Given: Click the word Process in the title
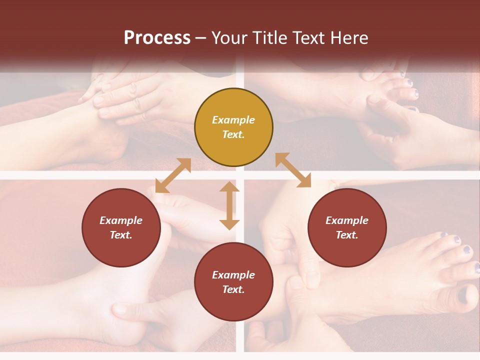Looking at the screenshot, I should coord(157,38).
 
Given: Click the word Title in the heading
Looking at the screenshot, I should coord(267,38).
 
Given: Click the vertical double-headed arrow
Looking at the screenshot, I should coord(229,205).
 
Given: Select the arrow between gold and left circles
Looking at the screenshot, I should coord(173,175).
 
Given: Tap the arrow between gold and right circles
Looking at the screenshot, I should coord(293,170).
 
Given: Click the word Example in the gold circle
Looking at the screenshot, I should coord(233,120).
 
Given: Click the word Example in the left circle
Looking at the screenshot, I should coord(121,220).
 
